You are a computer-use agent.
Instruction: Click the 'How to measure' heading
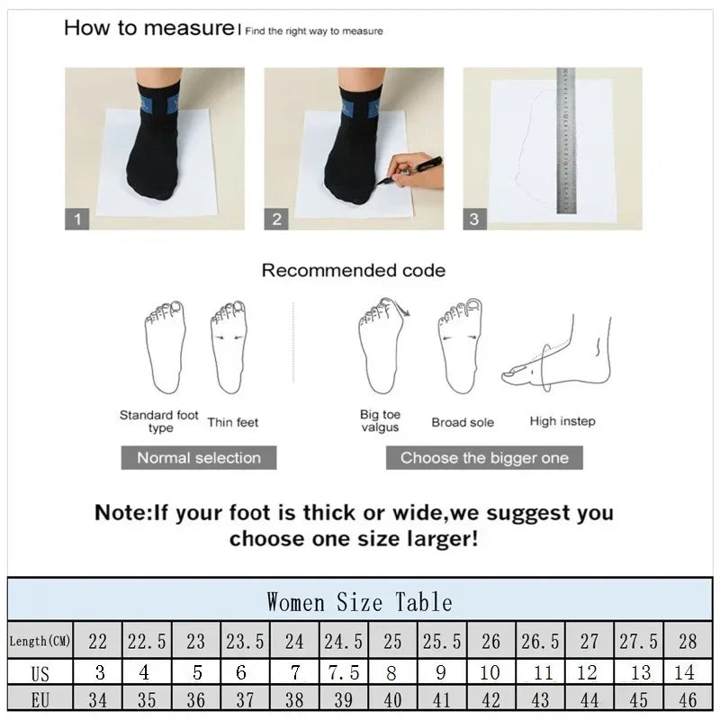tap(148, 28)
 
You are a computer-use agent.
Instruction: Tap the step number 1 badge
tap(77, 219)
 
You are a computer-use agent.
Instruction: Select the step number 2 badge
tap(277, 219)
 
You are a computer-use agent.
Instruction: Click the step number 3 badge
tap(474, 219)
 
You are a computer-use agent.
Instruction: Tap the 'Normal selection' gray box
tap(199, 457)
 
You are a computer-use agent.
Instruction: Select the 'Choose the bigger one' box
tap(484, 457)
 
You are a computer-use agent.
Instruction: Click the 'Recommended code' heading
tap(353, 270)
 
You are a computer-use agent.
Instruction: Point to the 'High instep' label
tap(562, 421)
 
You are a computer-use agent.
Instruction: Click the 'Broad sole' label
tap(463, 422)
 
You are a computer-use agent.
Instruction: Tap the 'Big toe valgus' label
tap(380, 421)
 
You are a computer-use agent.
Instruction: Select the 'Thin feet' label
tap(233, 422)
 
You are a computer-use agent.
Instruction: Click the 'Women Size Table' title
tap(359, 601)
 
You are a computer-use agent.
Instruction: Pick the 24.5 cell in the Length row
tap(343, 642)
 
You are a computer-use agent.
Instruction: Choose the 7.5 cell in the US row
tap(343, 672)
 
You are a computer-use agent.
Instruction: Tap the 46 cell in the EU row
tap(688, 700)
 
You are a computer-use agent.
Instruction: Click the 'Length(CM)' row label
tap(40, 642)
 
